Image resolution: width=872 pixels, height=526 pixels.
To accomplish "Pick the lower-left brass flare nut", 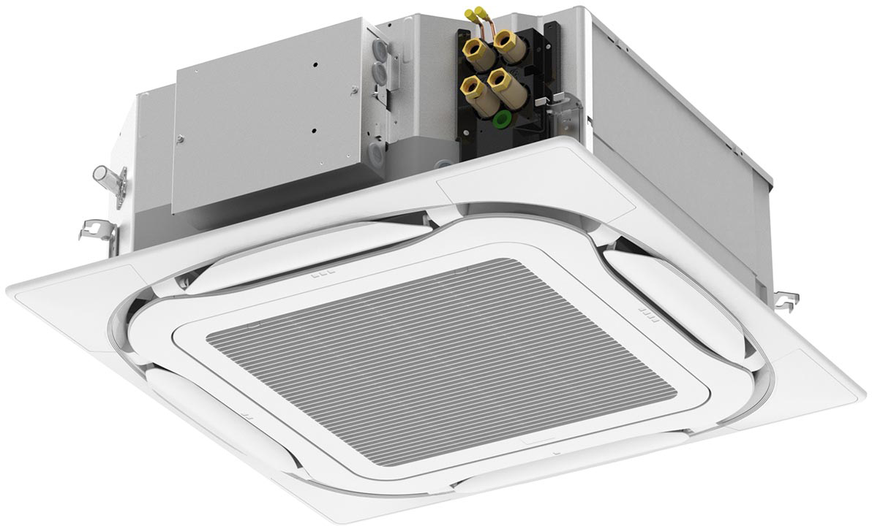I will [x=471, y=87].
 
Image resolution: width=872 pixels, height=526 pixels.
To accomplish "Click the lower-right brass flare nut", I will [x=500, y=79].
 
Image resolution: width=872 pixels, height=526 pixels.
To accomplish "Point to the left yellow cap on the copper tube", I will [x=470, y=15].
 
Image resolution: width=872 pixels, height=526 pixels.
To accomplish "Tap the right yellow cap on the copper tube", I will [x=481, y=12].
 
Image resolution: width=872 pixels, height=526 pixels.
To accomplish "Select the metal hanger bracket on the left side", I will [x=99, y=230].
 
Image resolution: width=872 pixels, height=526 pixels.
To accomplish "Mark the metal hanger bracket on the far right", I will [x=785, y=299].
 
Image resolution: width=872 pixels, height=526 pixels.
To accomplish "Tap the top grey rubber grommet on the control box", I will [x=380, y=50].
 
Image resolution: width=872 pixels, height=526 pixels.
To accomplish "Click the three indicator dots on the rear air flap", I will [x=322, y=275].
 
